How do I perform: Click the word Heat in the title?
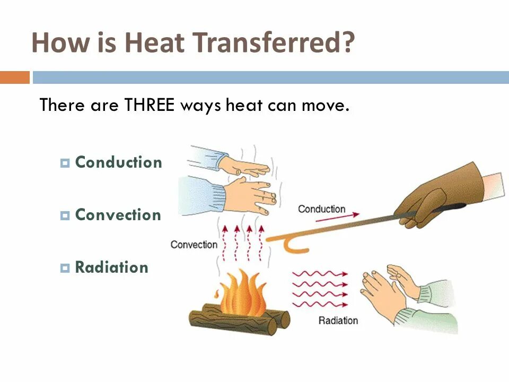(153, 43)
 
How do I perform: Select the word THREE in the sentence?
(150, 105)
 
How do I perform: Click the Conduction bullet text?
(118, 162)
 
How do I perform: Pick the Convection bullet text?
(118, 215)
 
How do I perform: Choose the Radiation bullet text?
(111, 267)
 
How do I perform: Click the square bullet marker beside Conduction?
(65, 163)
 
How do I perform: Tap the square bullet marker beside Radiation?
(65, 268)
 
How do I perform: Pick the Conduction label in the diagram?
(321, 209)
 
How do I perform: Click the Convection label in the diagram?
(194, 245)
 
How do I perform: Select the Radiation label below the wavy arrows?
(338, 320)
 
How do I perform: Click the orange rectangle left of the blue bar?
(15, 77)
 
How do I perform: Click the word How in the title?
(56, 43)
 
